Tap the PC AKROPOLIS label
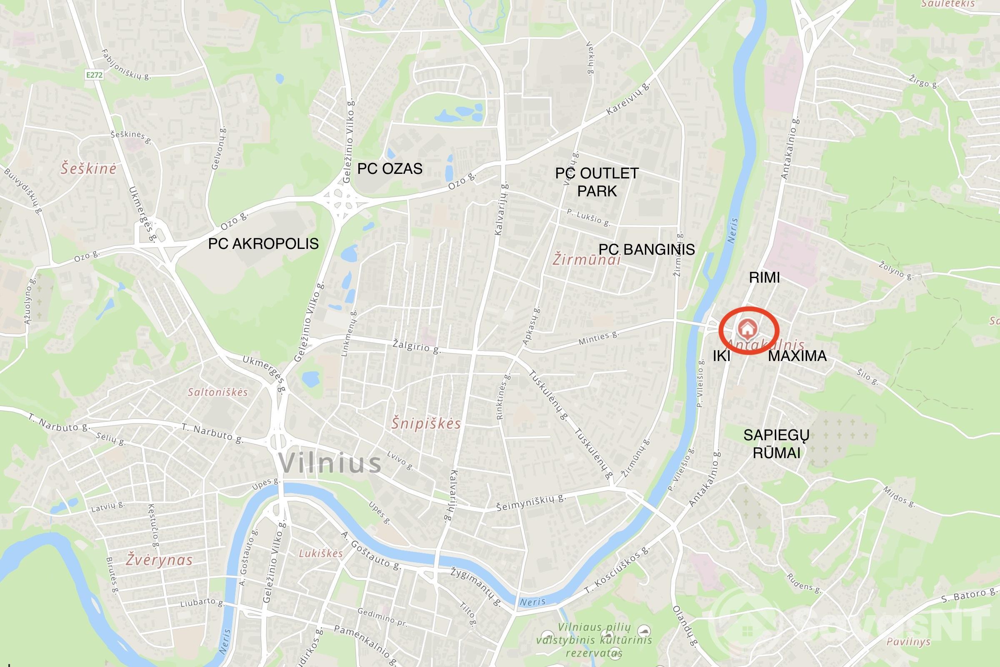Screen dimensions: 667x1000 [263, 244]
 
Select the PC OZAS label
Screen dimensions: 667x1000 [390, 168]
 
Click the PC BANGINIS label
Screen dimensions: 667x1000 [647, 249]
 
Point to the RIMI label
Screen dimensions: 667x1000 [764, 278]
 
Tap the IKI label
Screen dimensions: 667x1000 [722, 356]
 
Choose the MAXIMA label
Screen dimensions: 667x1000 [797, 356]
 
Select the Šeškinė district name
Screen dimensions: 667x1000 [88, 168]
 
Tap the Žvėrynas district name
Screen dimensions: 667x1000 [159, 560]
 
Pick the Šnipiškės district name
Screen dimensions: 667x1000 [426, 423]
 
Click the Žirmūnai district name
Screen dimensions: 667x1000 [586, 259]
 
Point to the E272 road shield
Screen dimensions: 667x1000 [94, 75]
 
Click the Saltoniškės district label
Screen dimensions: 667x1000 [217, 392]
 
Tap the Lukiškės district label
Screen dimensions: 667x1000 [320, 554]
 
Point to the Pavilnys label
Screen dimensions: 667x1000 [908, 642]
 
